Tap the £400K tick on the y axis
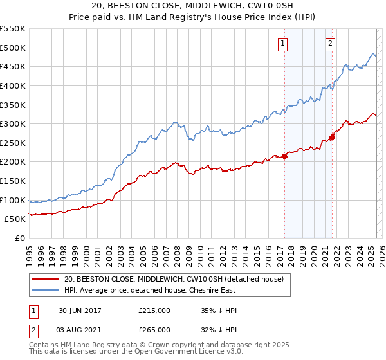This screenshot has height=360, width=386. click(x=12, y=85)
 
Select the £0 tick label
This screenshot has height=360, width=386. click(x=19, y=238)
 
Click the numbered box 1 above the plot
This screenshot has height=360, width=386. click(x=283, y=44)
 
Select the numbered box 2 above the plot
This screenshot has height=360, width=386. click(x=330, y=44)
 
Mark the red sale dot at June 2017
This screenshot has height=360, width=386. click(x=284, y=156)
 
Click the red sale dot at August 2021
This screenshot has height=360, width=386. click(x=332, y=137)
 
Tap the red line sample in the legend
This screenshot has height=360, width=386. click(x=45, y=279)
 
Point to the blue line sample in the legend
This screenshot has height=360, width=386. click(x=45, y=290)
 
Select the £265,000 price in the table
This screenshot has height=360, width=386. click(x=154, y=330)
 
